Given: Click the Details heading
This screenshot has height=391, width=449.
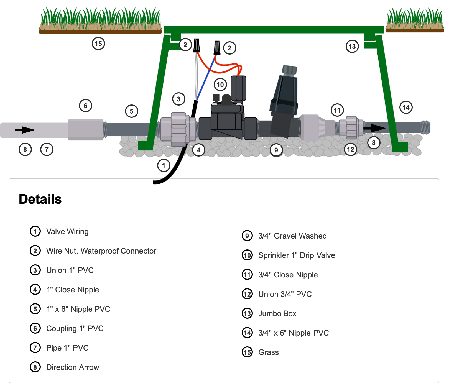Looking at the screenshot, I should click(x=40, y=199).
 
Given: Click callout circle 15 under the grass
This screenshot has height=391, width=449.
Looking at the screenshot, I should click(x=98, y=44).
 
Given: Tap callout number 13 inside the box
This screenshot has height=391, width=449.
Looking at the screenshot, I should click(x=352, y=46).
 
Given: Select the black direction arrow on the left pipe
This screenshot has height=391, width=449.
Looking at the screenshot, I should click(x=25, y=130).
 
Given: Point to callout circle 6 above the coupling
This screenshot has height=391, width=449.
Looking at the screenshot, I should click(x=86, y=106).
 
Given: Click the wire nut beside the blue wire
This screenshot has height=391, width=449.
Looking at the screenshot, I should click(x=217, y=48).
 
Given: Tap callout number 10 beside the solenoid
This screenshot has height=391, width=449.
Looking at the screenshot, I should click(x=220, y=85).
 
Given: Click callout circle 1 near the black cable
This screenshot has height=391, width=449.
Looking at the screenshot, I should click(x=164, y=166).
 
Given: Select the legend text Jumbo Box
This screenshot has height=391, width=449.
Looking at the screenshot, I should click(x=277, y=313).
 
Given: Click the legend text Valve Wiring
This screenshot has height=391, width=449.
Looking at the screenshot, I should click(x=67, y=231).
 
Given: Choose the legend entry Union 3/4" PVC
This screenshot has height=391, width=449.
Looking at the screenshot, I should click(x=285, y=294).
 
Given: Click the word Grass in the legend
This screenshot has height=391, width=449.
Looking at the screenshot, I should click(x=268, y=352).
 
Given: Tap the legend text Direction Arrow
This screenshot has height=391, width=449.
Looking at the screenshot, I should click(x=73, y=367).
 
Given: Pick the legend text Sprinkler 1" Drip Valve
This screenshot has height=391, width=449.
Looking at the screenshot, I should click(x=297, y=255).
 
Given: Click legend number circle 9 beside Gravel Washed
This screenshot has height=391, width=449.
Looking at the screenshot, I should click(x=247, y=236).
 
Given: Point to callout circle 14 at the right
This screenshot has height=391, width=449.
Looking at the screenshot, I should click(x=406, y=107).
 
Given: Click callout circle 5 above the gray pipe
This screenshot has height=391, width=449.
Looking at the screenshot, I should click(x=131, y=111).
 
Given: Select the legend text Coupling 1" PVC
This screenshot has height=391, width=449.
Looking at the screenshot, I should click(x=75, y=328).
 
